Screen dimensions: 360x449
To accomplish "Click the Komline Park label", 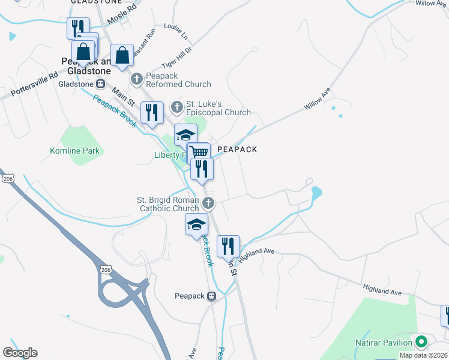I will (75, 151).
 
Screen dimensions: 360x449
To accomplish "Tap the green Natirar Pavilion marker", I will (421, 342).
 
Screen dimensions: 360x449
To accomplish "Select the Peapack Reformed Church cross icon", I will (137, 78).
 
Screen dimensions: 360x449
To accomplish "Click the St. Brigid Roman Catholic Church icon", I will (208, 203).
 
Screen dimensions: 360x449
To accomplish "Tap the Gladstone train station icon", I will (101, 84).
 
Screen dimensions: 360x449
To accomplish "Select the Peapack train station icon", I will (211, 296).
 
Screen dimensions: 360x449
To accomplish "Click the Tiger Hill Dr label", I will (176, 58).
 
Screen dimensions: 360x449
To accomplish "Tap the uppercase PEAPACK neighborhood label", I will (237, 149).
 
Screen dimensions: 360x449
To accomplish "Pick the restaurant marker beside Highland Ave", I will (228, 246).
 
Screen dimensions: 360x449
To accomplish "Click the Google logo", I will (20, 353).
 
